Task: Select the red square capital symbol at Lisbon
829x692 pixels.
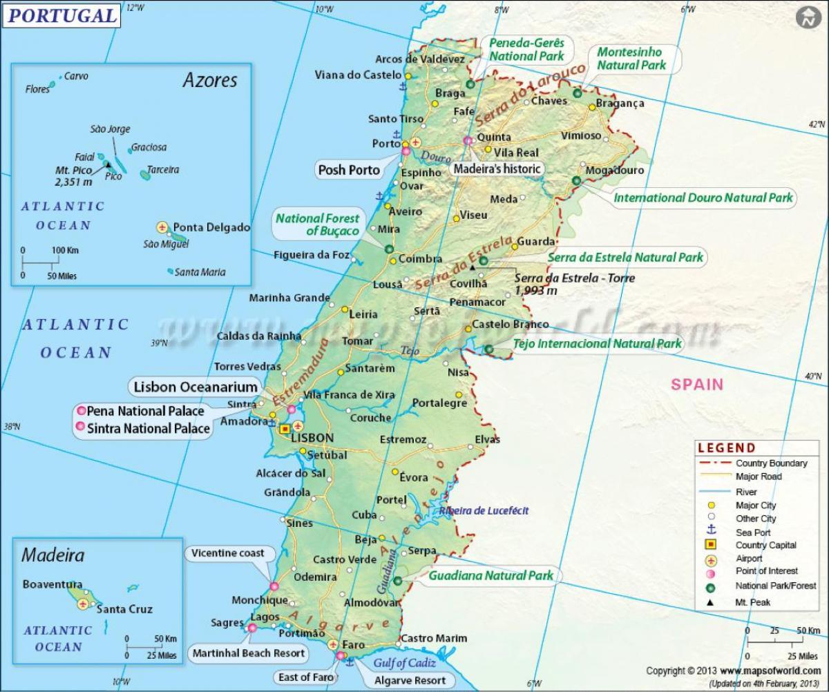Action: [x=285, y=429]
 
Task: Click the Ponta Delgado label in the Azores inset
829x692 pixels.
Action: [x=211, y=227]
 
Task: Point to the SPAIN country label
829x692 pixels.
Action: [x=697, y=385]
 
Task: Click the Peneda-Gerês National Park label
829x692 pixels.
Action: [x=526, y=49]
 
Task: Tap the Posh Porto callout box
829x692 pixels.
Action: [x=349, y=169]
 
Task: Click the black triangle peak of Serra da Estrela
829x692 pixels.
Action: [x=473, y=267]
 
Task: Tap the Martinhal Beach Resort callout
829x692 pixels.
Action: [x=248, y=653]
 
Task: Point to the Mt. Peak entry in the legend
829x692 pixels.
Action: [x=752, y=602]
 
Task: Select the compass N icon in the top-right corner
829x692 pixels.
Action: [x=806, y=19]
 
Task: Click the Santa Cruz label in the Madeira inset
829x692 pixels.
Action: [x=124, y=609]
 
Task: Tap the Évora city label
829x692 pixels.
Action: [x=414, y=477]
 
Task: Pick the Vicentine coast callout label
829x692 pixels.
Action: [x=228, y=553]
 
